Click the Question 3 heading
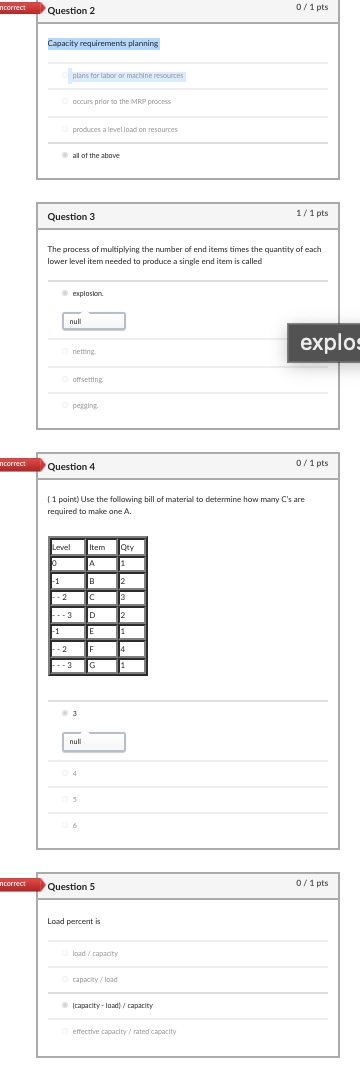tap(72, 217)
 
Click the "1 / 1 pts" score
tap(312, 214)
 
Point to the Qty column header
tap(127, 547)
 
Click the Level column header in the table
tap(62, 547)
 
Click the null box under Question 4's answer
tap(95, 742)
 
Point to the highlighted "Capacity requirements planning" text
tap(103, 44)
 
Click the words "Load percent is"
tap(74, 921)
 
